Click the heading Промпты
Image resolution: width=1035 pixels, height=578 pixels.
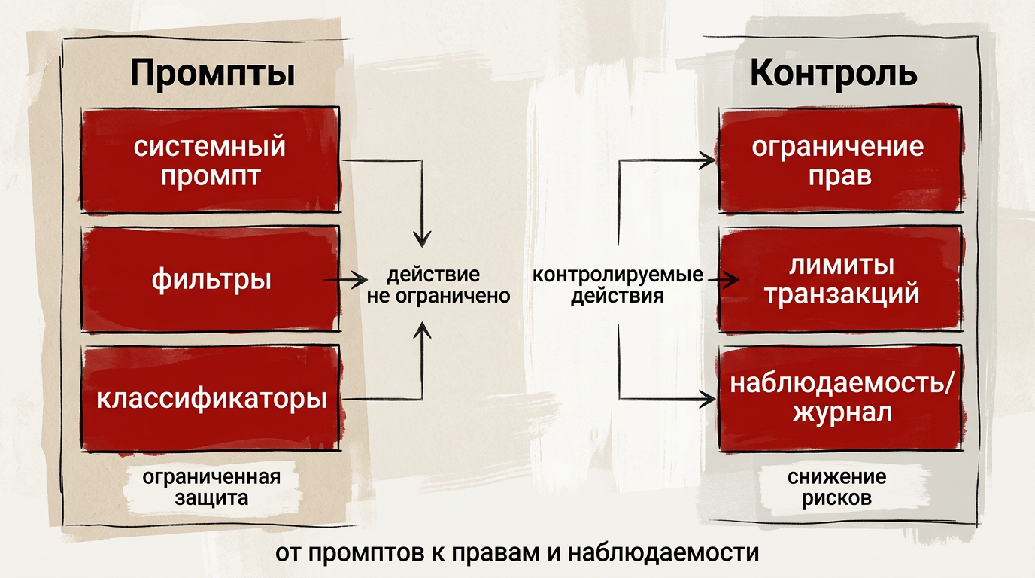point(213,73)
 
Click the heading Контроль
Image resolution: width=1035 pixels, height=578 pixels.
point(833,72)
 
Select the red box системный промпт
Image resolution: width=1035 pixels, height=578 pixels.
point(211,160)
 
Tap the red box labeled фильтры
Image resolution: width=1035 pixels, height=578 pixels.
point(211,278)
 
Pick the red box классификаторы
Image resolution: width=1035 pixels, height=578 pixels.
point(211,398)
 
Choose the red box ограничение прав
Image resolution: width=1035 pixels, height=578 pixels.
point(840,160)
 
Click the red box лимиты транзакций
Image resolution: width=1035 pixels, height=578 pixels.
point(840,278)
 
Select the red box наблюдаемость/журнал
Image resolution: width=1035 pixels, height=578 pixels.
point(840,398)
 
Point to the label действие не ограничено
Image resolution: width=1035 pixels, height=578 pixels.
point(438,285)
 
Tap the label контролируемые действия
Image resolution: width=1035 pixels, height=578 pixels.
point(618,285)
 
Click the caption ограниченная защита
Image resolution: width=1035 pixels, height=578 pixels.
point(211,488)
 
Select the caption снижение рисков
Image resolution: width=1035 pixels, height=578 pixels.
point(836,488)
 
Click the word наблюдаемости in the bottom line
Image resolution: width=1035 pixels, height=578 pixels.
point(663,553)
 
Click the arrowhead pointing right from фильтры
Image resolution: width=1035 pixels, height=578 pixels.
point(360,280)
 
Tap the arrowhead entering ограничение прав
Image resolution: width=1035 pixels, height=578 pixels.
point(707,160)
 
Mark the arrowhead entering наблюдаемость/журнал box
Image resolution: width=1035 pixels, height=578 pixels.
point(707,399)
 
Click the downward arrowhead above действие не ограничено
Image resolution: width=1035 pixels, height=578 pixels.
point(422,238)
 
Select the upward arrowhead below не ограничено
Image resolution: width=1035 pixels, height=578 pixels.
point(422,330)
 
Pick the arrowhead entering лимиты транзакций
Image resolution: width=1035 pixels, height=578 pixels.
point(731,280)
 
